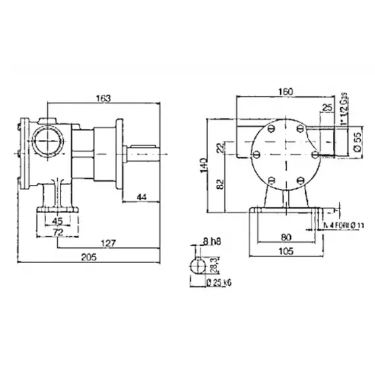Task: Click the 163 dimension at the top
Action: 103,97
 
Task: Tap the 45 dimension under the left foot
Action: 58,220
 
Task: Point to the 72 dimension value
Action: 58,233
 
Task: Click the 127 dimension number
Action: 109,243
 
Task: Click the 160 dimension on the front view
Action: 285,91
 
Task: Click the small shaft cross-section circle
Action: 197,266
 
